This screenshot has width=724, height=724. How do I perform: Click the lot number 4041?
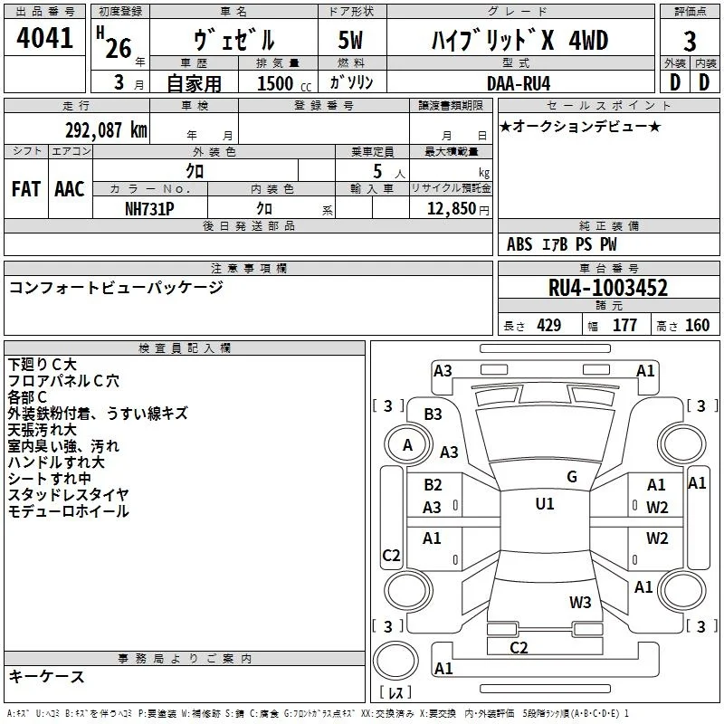[x=44, y=38]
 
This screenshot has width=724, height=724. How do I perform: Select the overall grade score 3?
[x=690, y=41]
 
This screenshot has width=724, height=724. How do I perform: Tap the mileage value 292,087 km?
[x=106, y=130]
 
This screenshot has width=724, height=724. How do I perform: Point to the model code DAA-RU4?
[x=519, y=83]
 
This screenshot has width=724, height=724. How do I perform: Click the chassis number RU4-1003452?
[x=608, y=288]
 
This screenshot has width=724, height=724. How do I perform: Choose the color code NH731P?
[x=149, y=209]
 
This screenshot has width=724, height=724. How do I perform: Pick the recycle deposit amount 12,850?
[x=451, y=208]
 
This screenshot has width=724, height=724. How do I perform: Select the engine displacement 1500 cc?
[x=284, y=83]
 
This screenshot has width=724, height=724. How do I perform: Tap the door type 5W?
[x=350, y=40]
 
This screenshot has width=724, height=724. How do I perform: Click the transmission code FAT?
[x=26, y=189]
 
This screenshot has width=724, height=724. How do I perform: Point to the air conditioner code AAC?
[x=70, y=189]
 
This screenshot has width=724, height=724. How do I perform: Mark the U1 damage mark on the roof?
[x=545, y=503]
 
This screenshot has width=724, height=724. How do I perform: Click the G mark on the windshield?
[x=572, y=477]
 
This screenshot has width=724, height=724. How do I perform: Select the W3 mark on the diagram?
[x=580, y=602]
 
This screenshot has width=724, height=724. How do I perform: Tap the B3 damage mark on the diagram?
[x=433, y=414]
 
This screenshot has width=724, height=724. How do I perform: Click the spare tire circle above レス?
[x=395, y=661]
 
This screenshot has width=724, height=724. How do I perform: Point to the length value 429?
[x=549, y=326]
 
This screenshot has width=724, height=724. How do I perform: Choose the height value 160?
[x=697, y=326]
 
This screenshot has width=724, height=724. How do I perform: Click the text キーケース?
[x=47, y=676]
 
